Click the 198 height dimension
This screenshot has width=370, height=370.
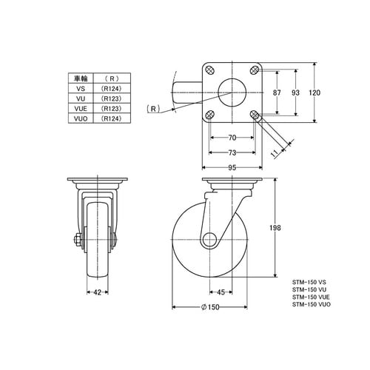pos(275,228)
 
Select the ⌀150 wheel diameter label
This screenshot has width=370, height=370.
pos(210,307)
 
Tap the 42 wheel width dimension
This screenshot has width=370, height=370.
pos(98,292)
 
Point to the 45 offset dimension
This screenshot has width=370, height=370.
pos(221,292)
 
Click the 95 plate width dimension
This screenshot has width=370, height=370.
pos(232,168)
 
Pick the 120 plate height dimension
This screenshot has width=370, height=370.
pos(314,92)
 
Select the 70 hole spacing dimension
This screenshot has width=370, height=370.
pos(232,138)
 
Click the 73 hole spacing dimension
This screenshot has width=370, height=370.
pos(232,152)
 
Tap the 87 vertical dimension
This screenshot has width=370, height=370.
pos(277,92)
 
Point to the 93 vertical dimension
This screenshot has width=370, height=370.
pos(295,92)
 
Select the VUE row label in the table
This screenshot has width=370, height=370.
pos(81,109)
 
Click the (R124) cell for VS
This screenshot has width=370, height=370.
pos(112,89)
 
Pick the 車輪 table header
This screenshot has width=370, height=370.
pos(81,78)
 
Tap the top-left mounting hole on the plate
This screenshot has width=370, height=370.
pos(210,70)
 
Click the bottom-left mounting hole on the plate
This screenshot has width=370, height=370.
pos(210,115)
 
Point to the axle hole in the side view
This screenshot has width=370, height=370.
pos(209,240)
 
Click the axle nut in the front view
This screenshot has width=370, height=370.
pos(77,240)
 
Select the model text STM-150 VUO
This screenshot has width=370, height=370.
pos(312,304)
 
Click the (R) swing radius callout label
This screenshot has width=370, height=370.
pos(153,109)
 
